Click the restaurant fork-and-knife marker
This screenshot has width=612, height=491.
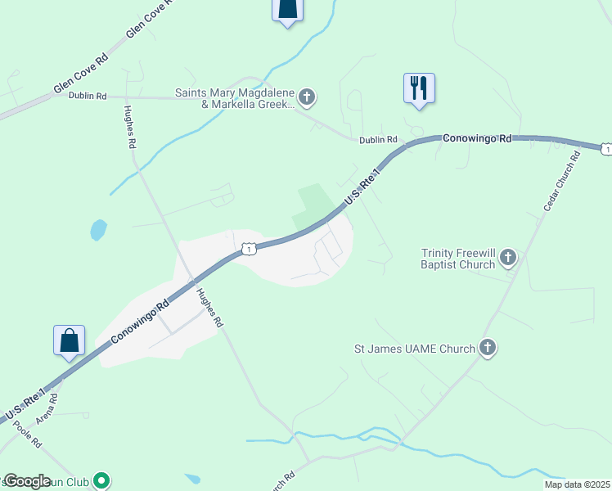[x=419, y=88]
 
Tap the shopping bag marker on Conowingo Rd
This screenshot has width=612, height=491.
[x=70, y=340]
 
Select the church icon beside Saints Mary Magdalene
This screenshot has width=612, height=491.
[x=307, y=98]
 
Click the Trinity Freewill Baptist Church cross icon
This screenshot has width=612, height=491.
[x=508, y=259]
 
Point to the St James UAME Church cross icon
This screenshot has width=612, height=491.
[x=488, y=349]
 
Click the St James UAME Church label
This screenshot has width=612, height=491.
[x=414, y=349]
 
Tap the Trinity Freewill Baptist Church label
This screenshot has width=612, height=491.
[x=457, y=259]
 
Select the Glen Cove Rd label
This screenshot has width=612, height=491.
[x=81, y=74]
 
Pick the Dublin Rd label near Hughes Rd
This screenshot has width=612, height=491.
[x=88, y=96]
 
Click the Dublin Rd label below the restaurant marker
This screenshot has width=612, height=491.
[x=377, y=140]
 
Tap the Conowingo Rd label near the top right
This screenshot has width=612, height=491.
[x=477, y=139]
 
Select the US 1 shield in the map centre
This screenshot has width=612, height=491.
[x=249, y=247]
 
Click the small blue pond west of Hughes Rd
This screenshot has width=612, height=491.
[x=98, y=229]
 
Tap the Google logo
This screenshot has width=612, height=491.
[x=27, y=480]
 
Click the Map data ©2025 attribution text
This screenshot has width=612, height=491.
[x=578, y=484]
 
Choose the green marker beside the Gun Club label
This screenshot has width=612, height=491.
[x=101, y=480]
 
